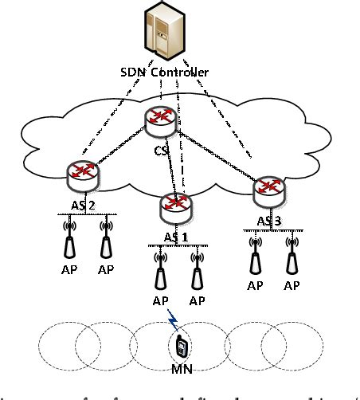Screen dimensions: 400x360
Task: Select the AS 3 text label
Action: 269,220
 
